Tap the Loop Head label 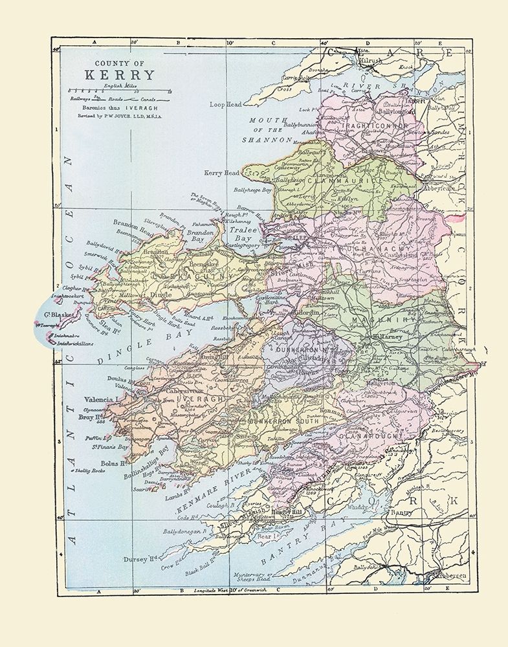click(225, 104)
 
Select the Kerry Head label click(222, 173)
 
